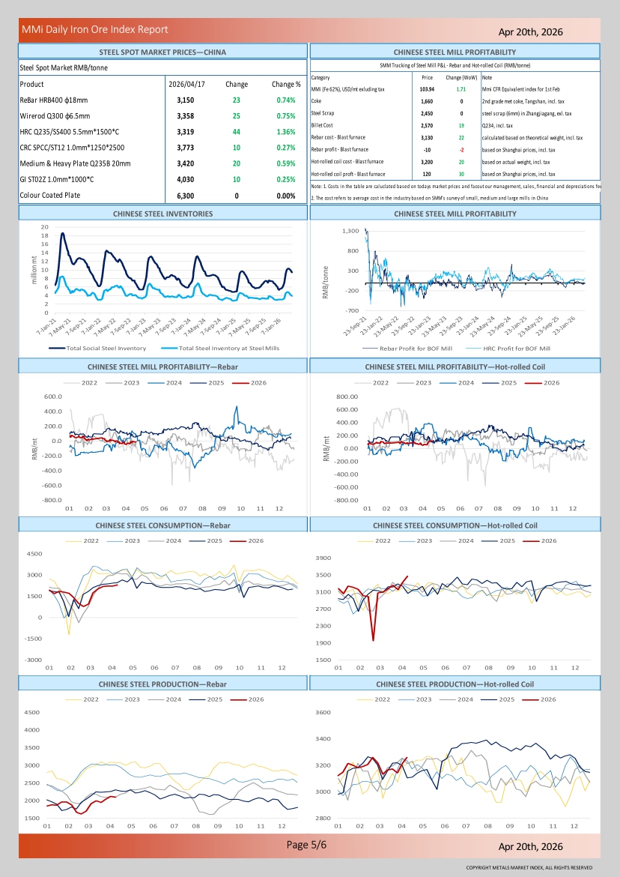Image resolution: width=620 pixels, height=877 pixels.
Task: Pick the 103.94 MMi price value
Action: tap(428, 88)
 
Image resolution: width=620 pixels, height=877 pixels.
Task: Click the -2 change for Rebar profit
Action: tap(461, 149)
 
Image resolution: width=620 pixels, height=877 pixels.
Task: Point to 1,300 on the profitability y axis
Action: tap(350, 231)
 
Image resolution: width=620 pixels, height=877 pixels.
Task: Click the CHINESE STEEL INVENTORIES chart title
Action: tap(162, 214)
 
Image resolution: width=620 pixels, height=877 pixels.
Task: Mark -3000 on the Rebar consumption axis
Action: tap(33, 660)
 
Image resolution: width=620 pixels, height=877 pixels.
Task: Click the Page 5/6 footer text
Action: tap(307, 845)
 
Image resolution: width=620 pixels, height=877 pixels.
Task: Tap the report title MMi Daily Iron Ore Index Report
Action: tap(95, 29)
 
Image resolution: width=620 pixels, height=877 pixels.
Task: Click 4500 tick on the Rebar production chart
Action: tap(33, 712)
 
